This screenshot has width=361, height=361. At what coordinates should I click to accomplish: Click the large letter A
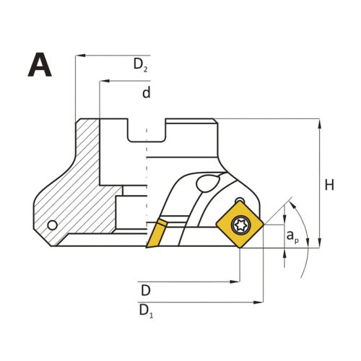[40, 64]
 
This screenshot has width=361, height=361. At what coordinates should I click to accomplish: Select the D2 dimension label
[141, 65]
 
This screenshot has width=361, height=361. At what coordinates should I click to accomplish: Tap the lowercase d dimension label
[147, 92]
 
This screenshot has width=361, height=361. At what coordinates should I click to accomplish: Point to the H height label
[329, 186]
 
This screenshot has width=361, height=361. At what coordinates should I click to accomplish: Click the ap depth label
[292, 236]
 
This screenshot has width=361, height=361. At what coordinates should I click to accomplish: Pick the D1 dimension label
[146, 311]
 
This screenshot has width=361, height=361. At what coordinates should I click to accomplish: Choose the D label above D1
[146, 290]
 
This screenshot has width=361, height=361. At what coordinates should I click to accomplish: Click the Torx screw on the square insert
[241, 225]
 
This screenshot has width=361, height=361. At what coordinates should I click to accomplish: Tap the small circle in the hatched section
[53, 225]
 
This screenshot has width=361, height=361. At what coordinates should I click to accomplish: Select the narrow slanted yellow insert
[157, 233]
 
